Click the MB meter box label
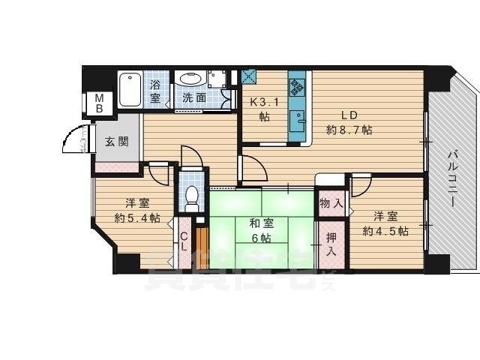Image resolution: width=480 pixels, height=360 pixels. [x=97, y=103]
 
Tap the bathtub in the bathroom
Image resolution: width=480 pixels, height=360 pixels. [x=130, y=89]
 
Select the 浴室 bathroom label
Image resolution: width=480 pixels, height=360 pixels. [x=156, y=90]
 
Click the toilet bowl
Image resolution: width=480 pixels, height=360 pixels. [x=191, y=196]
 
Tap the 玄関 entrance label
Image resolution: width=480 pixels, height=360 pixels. [x=115, y=141]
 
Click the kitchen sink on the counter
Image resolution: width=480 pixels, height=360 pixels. [x=299, y=118]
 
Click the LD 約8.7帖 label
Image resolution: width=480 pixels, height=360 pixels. [x=349, y=122]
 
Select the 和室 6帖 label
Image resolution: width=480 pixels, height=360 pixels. [x=260, y=229]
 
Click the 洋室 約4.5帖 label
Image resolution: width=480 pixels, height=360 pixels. [x=385, y=223]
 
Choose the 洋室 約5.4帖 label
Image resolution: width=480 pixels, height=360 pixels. [x=136, y=211]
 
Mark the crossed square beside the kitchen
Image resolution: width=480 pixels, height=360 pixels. [x=250, y=76]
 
